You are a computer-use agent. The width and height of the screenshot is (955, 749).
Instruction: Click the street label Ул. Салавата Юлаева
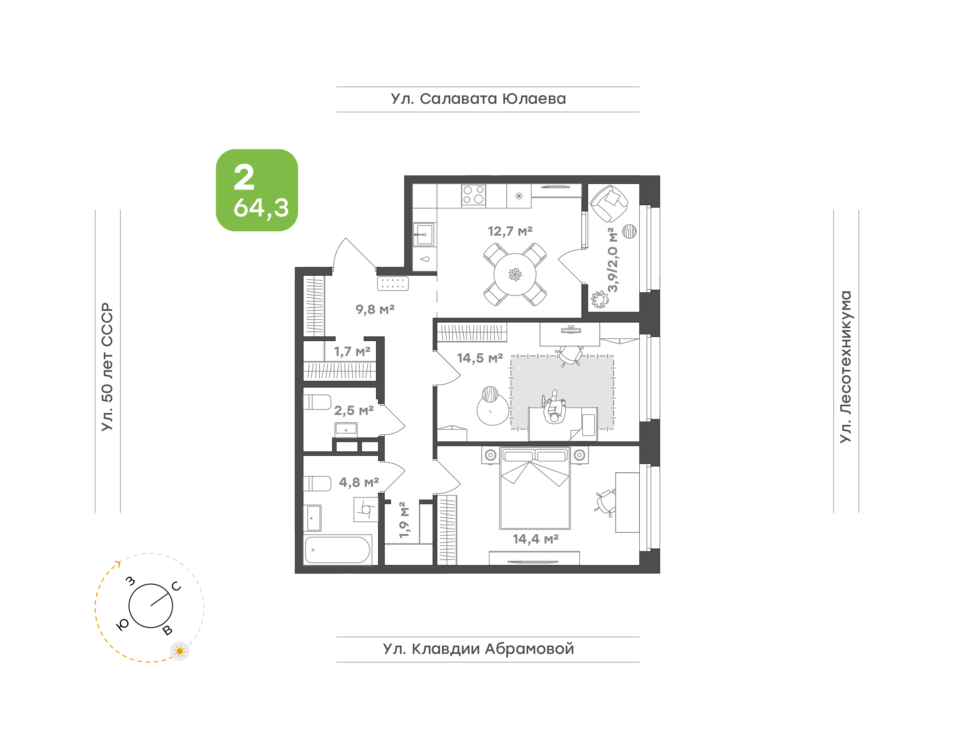[478, 99]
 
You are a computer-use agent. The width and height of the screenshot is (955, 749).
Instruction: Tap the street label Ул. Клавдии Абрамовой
[478, 649]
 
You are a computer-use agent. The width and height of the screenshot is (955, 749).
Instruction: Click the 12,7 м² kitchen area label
[510, 231]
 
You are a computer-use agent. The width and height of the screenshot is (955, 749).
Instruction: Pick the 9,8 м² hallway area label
[375, 309]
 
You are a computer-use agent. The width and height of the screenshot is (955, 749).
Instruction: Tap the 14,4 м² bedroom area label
[536, 539]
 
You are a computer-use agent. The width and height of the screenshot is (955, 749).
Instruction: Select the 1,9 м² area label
[404, 520]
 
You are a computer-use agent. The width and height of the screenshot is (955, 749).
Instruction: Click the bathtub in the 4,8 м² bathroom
[337, 549]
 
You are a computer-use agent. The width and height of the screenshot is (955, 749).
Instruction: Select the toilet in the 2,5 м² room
[317, 402]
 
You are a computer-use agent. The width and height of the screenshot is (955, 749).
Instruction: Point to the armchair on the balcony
[609, 203]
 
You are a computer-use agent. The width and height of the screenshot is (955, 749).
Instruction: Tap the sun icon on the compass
[179, 651]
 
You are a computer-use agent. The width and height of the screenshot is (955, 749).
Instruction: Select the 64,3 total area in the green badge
[261, 208]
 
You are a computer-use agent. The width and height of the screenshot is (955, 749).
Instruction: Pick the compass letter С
[176, 586]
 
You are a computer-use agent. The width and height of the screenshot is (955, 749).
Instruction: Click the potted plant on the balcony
[600, 300]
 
